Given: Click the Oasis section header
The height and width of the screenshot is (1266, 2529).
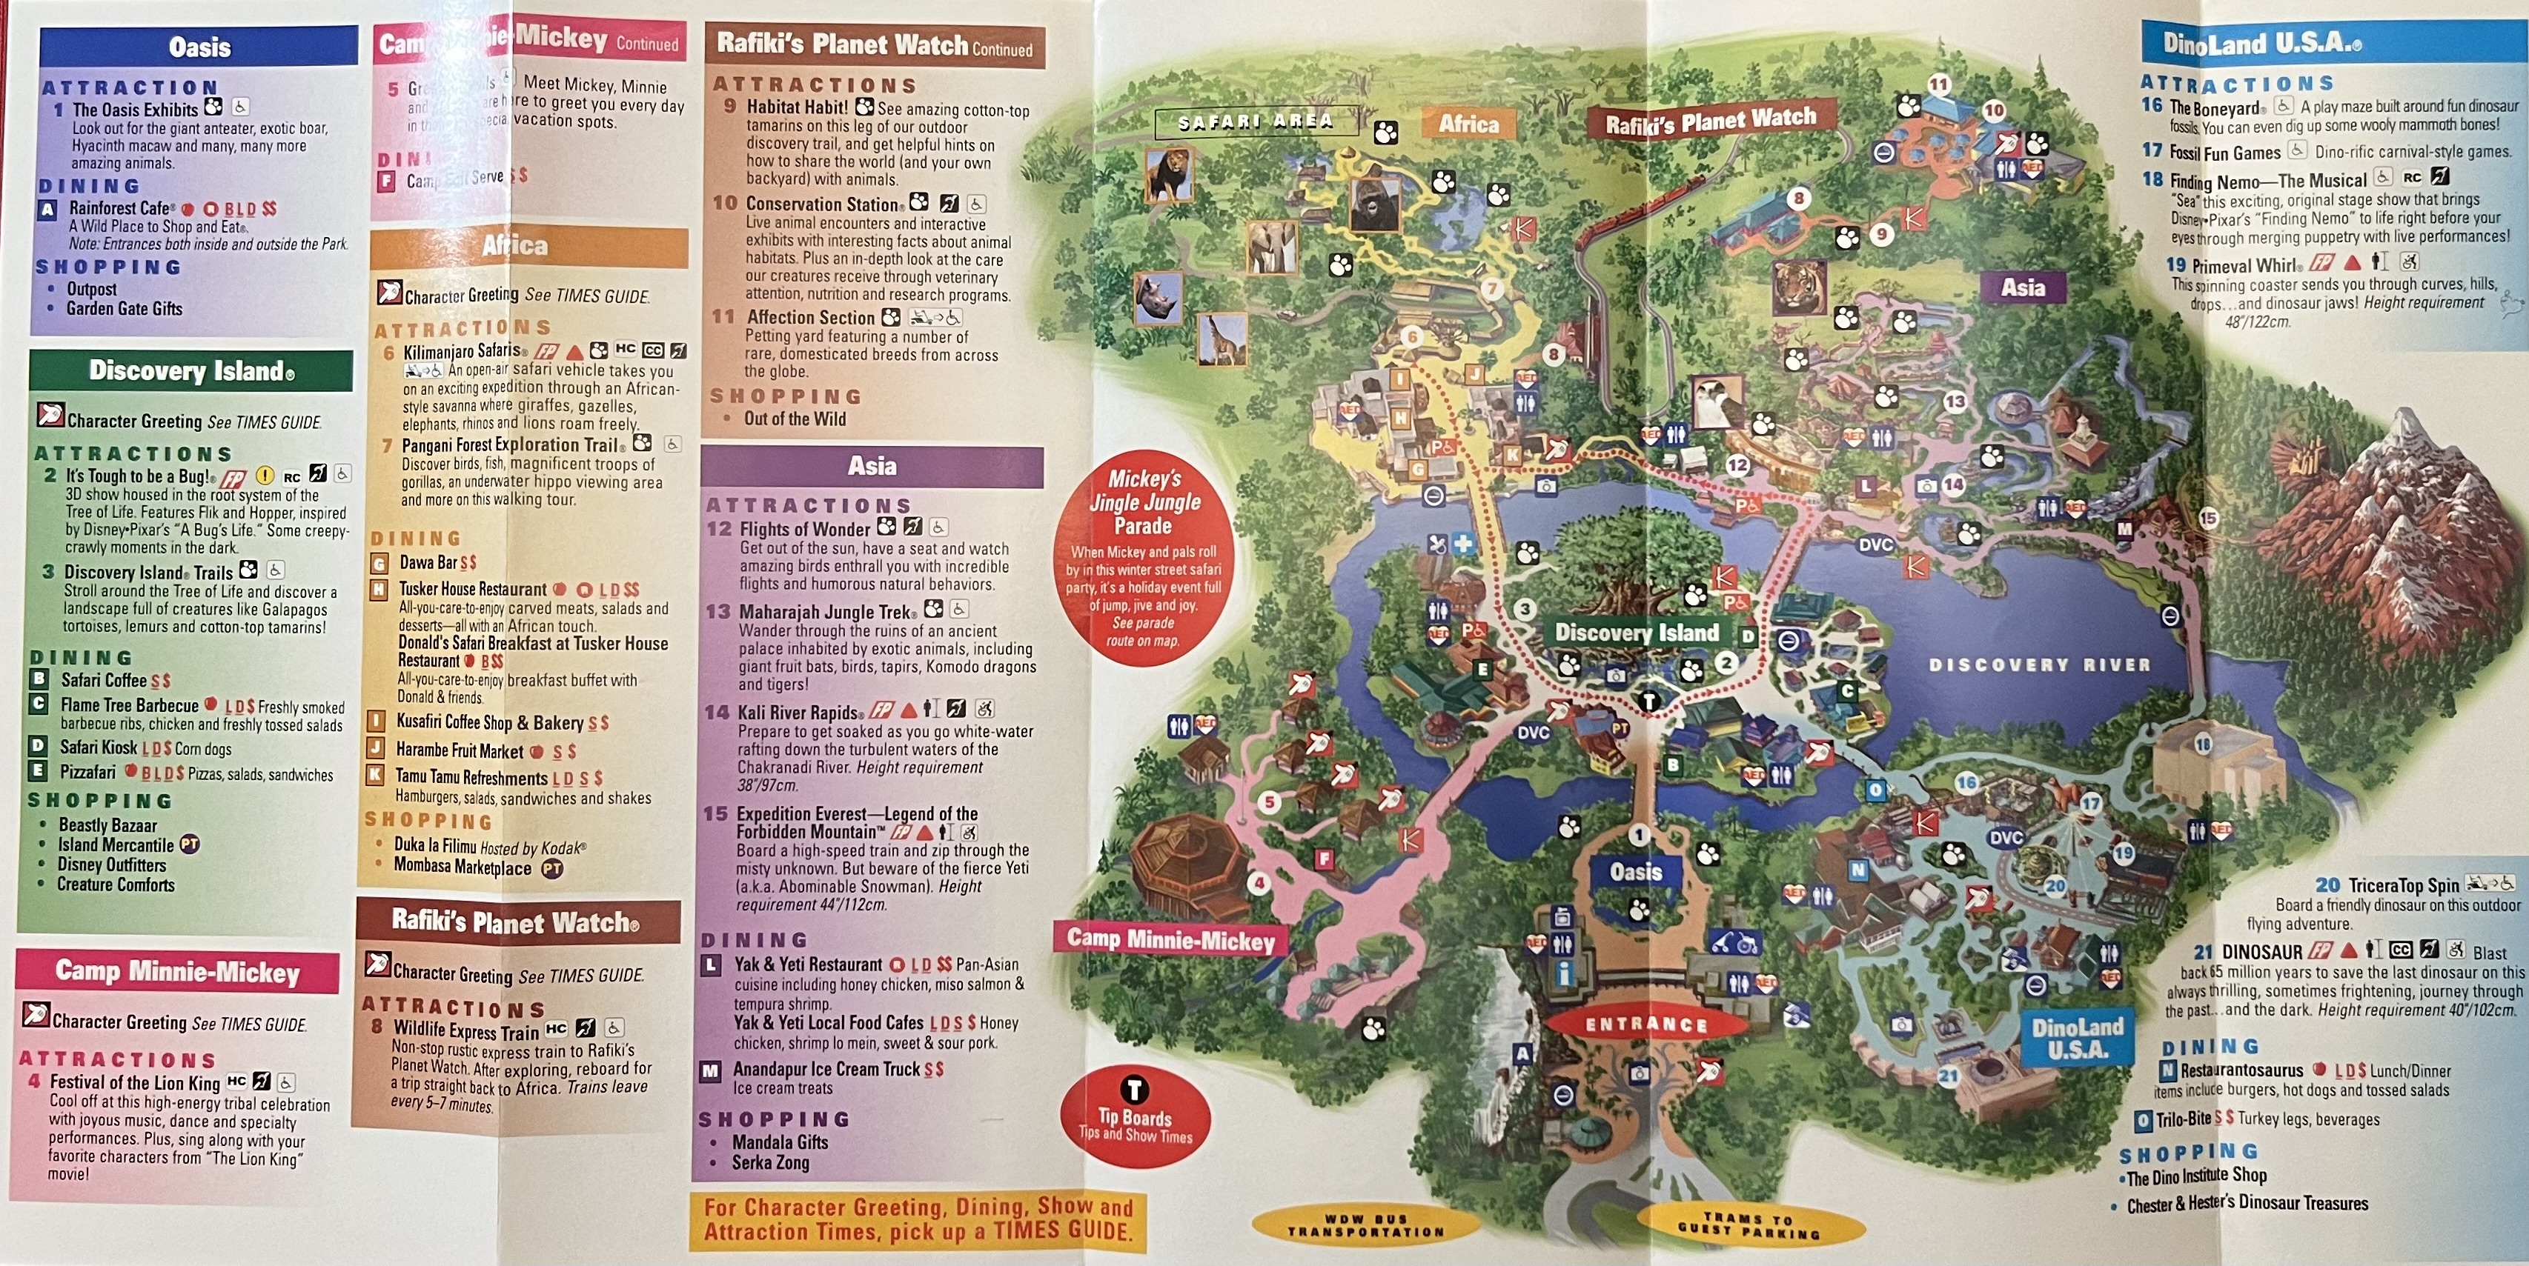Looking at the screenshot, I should (199, 46).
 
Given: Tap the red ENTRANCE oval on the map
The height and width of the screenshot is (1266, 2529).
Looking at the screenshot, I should (1646, 1025).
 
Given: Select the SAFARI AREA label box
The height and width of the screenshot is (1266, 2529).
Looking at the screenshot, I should (1256, 121).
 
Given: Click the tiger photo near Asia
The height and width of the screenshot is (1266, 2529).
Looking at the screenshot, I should (1800, 288).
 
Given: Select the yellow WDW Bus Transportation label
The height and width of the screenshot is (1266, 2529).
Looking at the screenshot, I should (1365, 1225).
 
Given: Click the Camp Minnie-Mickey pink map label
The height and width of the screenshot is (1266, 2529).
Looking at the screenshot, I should (1170, 939).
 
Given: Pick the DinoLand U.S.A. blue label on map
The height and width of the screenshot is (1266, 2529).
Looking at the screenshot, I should (2078, 1037).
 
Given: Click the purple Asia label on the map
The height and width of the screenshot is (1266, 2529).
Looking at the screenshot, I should (2023, 287).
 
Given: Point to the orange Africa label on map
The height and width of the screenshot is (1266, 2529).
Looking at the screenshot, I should (1469, 124).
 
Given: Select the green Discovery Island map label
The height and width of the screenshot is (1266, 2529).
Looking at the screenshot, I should (1637, 633).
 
